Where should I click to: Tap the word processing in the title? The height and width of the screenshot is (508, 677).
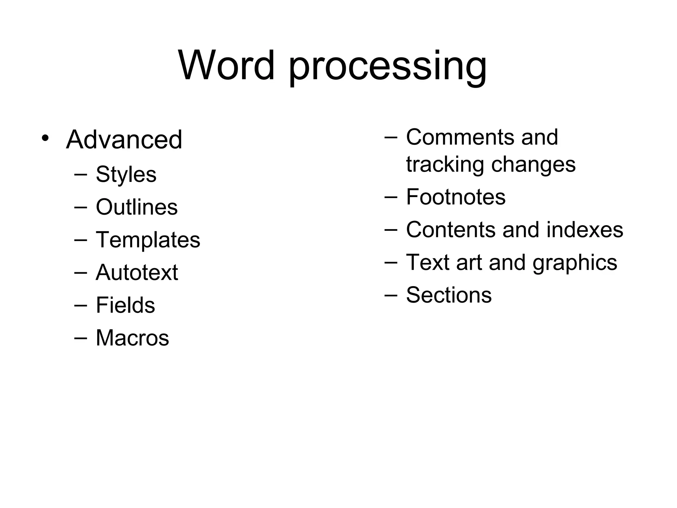tap(387, 68)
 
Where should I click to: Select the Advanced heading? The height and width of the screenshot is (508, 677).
tap(124, 140)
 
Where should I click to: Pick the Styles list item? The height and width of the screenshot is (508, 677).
tap(126, 175)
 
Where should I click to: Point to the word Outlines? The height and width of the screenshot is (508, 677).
tap(137, 207)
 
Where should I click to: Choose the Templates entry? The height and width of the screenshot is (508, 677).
tap(148, 240)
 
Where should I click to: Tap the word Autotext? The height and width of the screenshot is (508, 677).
tap(137, 273)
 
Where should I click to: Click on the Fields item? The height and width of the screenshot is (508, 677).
tap(125, 305)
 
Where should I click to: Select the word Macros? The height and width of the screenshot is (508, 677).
tap(132, 338)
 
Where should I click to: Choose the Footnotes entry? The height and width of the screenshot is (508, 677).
tap(456, 197)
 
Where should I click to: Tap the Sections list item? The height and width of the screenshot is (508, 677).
tap(449, 295)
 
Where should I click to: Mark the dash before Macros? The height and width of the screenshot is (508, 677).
tap(81, 338)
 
